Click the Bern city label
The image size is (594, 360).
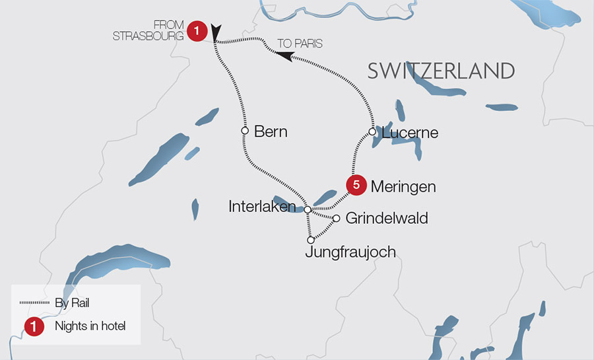pyautogui.click(x=271, y=131)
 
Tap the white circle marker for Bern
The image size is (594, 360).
pyautogui.click(x=245, y=131)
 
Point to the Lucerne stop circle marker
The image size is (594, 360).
pyautogui.click(x=372, y=132)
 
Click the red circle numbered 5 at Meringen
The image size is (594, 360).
pyautogui.click(x=356, y=186)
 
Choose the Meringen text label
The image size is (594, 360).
pyautogui.click(x=403, y=186)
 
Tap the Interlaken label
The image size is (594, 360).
pyautogui.click(x=262, y=206)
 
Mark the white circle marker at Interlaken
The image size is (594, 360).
pyautogui.click(x=308, y=209)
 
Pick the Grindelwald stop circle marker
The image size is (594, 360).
pyautogui.click(x=336, y=219)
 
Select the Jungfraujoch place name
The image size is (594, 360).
pyautogui.click(x=350, y=252)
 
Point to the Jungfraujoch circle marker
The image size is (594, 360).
pyautogui.click(x=310, y=240)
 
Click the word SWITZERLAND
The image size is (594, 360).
pyautogui.click(x=441, y=71)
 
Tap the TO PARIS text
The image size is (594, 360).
pyautogui.click(x=300, y=44)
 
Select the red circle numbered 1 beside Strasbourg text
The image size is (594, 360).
pyautogui.click(x=197, y=30)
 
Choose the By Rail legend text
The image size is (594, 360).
pyautogui.click(x=72, y=303)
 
